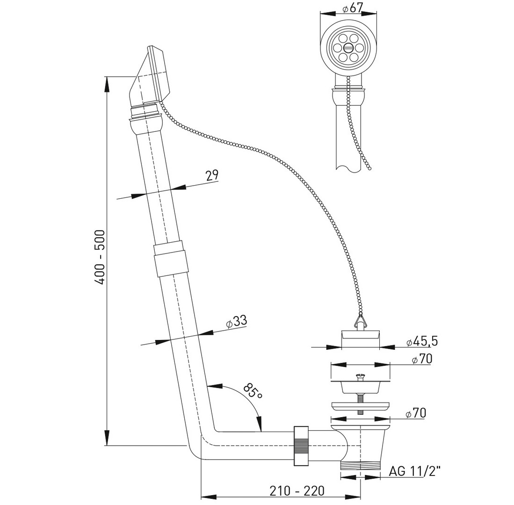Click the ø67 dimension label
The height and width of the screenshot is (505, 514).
pos(353,8)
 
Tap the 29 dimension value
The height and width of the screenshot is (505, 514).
pos(212,175)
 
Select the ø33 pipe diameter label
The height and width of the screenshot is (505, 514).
pos(236,322)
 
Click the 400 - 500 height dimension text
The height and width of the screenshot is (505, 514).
pos(100,257)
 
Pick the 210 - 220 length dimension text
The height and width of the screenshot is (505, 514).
pos(297,491)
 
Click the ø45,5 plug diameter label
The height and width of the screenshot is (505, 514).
pos(422,341)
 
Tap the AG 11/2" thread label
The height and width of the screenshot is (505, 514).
pos(414,471)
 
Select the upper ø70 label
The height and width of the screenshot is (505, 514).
pos(421,359)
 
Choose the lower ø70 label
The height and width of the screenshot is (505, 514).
pos(416,413)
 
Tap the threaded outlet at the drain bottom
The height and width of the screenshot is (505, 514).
pos(360,466)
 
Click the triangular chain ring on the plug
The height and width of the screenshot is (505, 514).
pos(360,320)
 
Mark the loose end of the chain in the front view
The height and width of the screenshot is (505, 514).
pos(369,167)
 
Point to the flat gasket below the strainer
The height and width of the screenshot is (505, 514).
pos(360,405)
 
